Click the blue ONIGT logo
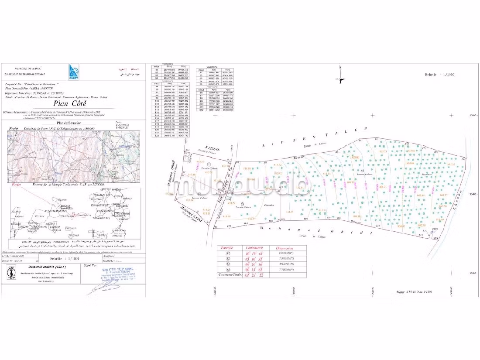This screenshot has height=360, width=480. pos(73,72)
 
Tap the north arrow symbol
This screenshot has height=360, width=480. pos(341,80)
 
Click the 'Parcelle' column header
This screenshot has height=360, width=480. pos(226,247)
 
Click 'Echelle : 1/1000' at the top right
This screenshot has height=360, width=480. pos(439,75)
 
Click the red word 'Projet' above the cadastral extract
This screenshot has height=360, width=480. pos(16,185)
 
